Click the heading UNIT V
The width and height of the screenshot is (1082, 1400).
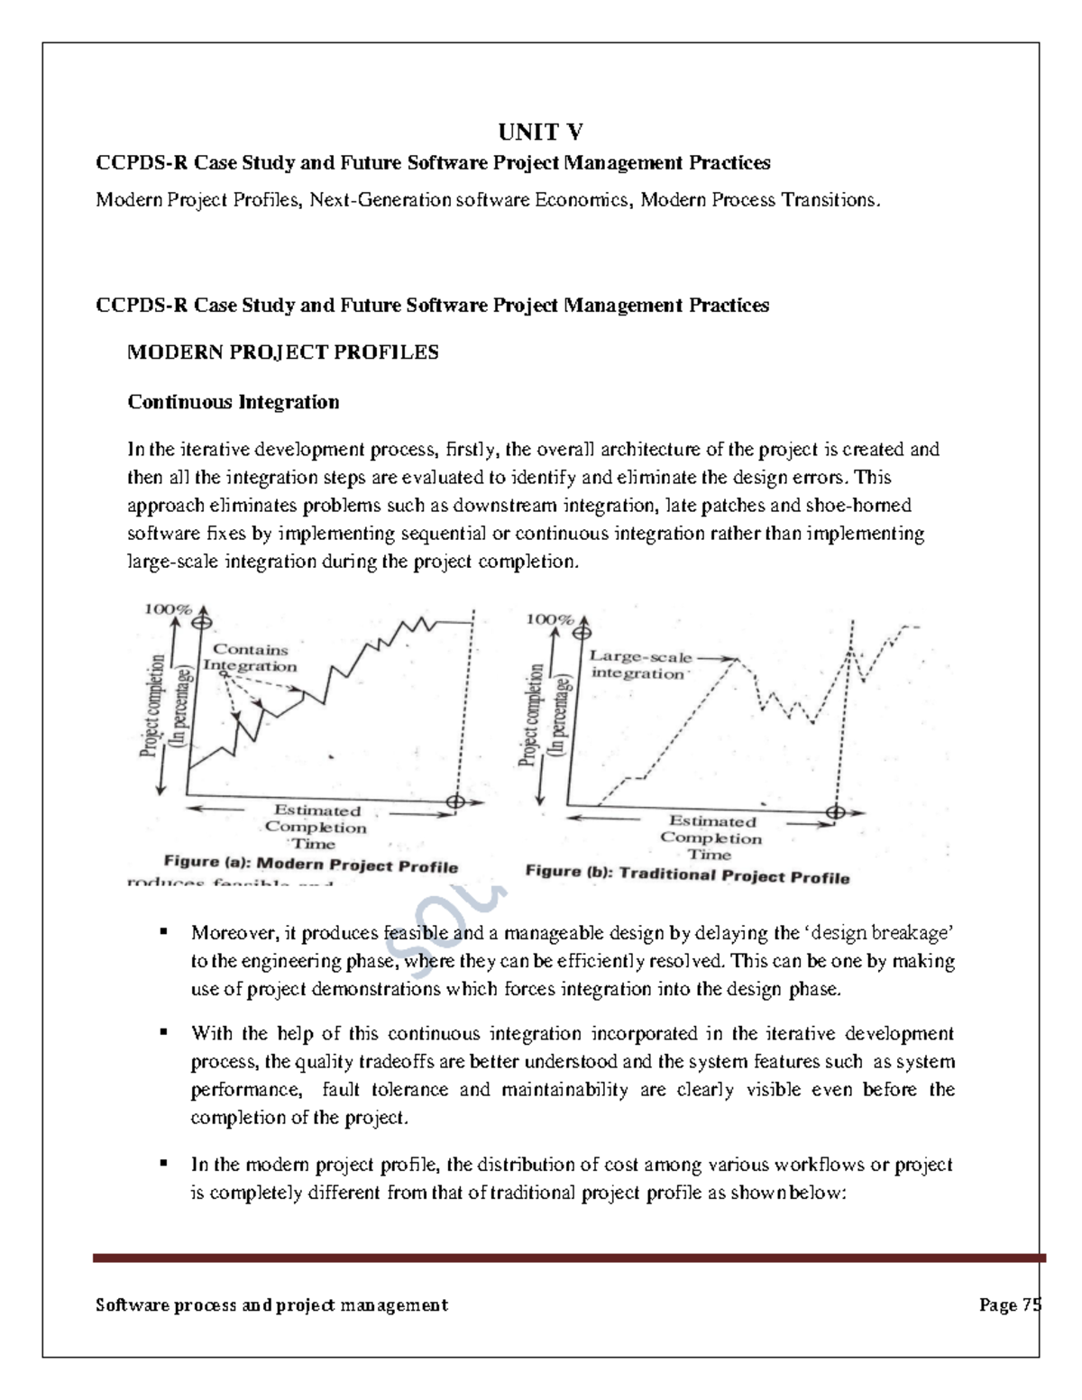540,133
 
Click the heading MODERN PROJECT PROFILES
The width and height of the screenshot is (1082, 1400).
282,352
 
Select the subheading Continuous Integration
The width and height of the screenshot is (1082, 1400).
233,402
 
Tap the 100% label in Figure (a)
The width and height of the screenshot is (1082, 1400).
168,609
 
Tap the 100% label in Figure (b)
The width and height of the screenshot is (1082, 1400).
549,619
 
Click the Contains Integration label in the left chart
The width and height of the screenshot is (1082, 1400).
250,658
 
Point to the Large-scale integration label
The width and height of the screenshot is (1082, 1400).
640,665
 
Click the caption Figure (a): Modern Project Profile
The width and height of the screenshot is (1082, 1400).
310,865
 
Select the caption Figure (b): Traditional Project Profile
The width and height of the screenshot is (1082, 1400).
687,874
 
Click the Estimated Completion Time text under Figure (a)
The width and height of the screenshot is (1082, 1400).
316,827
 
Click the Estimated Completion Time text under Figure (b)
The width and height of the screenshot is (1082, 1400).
711,837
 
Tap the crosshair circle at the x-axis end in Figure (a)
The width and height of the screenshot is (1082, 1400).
455,801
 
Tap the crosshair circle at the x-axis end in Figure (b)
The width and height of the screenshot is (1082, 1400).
836,812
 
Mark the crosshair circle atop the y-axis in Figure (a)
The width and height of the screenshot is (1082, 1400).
204,621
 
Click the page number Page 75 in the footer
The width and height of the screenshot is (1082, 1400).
1010,1305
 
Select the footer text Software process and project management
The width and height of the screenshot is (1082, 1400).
271,1305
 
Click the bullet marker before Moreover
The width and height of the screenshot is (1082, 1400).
164,931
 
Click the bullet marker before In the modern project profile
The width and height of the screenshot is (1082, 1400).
164,1163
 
